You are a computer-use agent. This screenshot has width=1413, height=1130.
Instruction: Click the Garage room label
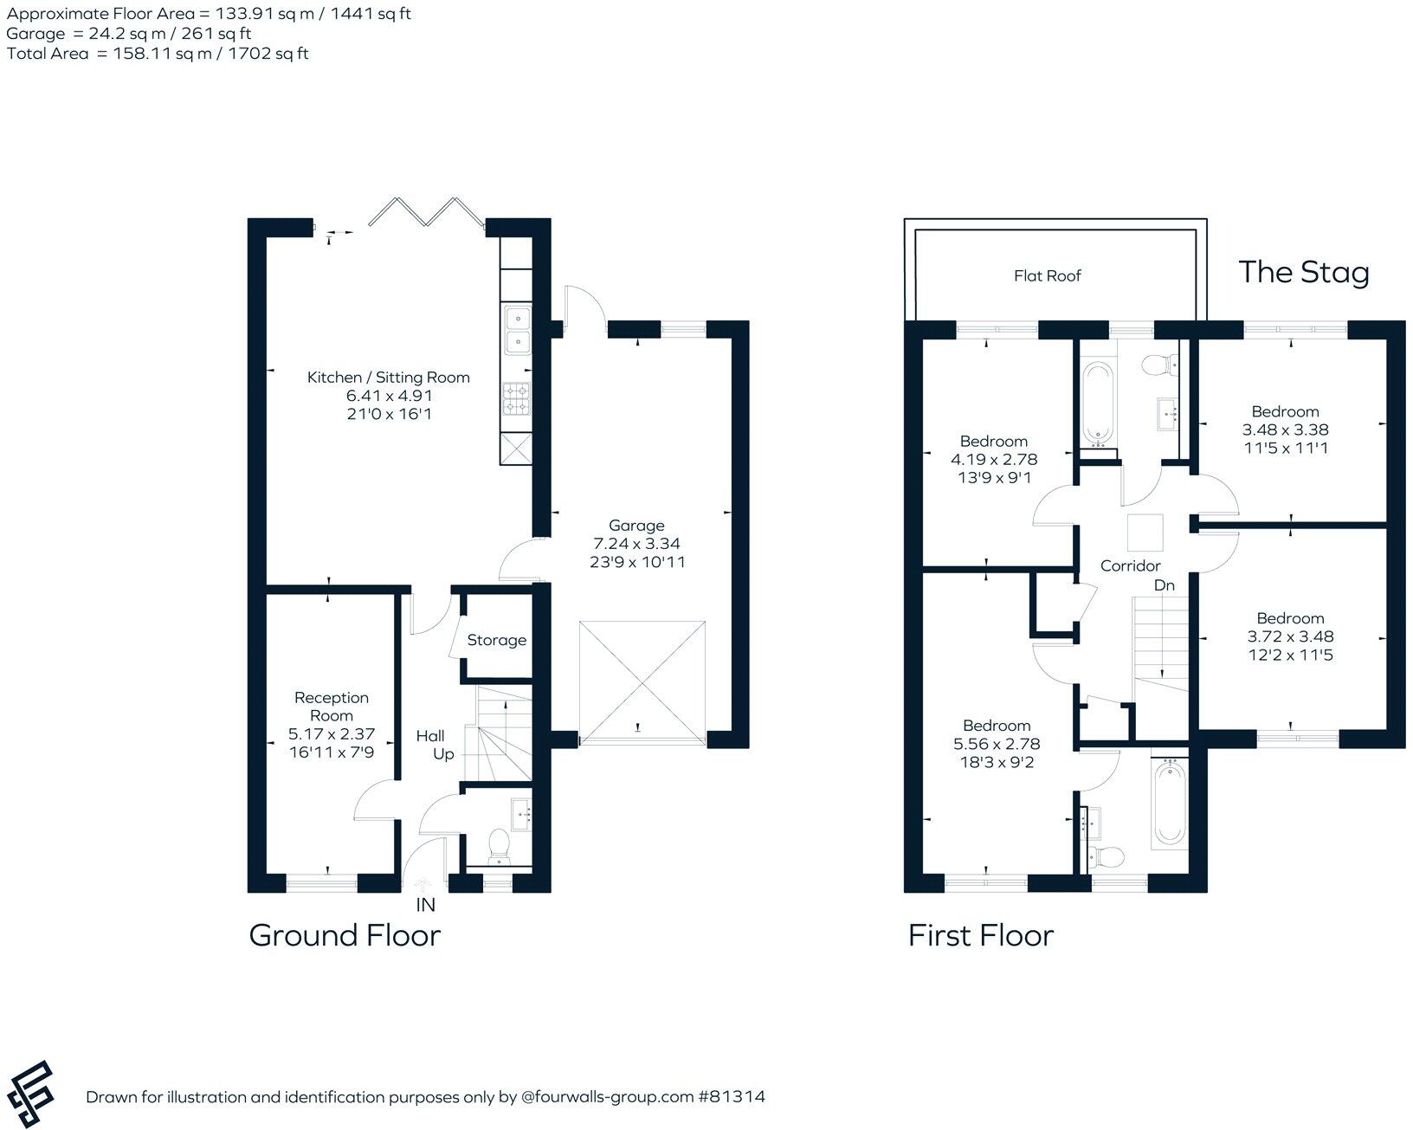tap(636, 526)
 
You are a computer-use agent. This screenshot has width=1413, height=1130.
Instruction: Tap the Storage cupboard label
tap(496, 641)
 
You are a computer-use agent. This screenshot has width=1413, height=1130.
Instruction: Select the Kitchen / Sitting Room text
tap(388, 378)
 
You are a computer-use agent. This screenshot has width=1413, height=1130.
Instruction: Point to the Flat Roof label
tap(1048, 276)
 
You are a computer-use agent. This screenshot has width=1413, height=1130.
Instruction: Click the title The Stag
tap(1303, 272)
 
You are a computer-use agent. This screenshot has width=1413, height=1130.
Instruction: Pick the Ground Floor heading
tap(345, 936)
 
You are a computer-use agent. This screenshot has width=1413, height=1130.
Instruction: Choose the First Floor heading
tap(980, 936)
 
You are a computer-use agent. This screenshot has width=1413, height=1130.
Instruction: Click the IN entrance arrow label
tap(425, 905)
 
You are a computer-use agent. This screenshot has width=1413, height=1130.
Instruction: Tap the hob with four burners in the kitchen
tap(518, 400)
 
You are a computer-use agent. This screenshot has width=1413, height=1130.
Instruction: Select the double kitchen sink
tap(518, 332)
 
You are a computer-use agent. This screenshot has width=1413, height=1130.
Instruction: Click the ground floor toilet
tap(500, 844)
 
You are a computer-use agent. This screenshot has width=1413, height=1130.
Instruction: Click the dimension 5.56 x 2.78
tap(997, 745)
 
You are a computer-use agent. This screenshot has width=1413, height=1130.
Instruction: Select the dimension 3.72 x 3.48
tap(1290, 636)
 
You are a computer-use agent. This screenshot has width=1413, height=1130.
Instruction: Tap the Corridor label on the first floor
tap(1130, 566)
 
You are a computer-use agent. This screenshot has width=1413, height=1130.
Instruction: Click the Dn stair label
tap(1165, 586)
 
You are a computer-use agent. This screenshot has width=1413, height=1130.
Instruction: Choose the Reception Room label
tap(332, 707)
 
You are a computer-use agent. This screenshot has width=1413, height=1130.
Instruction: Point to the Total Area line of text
tap(158, 54)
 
